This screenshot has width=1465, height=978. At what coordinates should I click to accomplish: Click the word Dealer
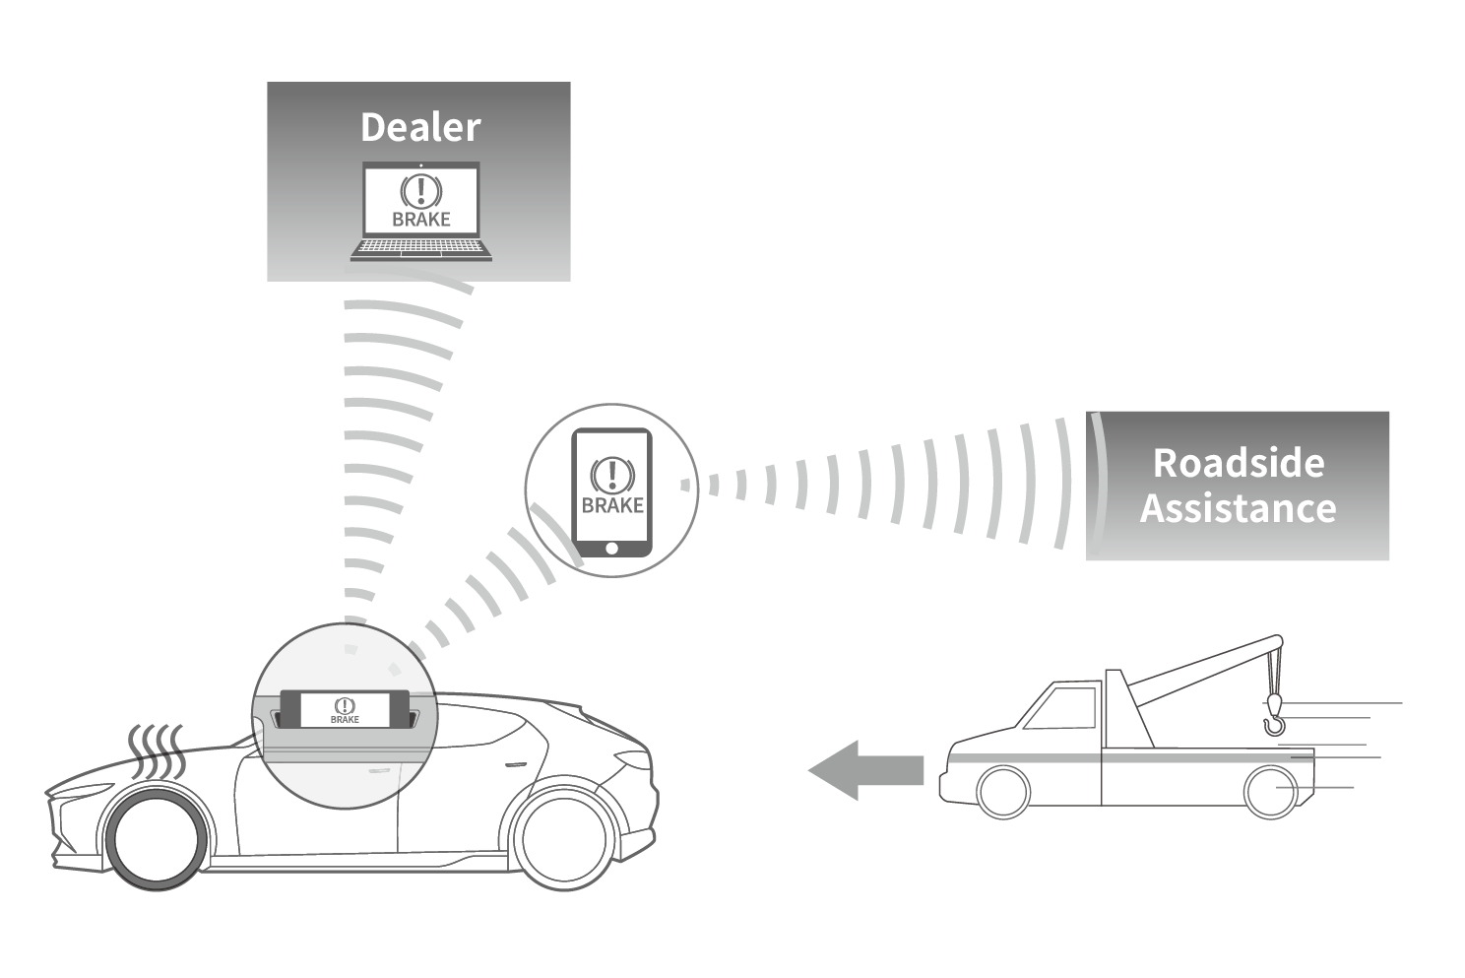pyautogui.click(x=420, y=127)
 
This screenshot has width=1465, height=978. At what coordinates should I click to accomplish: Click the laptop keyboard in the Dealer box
pyautogui.click(x=421, y=250)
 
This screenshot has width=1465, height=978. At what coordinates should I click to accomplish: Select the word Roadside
pyautogui.click(x=1238, y=462)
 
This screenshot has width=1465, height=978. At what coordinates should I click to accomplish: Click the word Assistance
pyautogui.click(x=1238, y=508)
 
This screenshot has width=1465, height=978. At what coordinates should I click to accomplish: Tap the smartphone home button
pyautogui.click(x=611, y=548)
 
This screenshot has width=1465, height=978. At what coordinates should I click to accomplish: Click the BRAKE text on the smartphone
pyautogui.click(x=611, y=505)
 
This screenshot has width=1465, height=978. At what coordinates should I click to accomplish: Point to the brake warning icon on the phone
pyautogui.click(x=611, y=475)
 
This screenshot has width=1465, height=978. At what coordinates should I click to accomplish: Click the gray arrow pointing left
pyautogui.click(x=865, y=769)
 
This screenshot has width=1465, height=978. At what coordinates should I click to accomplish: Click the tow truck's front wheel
pyautogui.click(x=1003, y=791)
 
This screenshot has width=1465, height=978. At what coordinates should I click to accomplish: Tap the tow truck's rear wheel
pyautogui.click(x=1270, y=791)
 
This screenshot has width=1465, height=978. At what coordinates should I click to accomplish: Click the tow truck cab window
pyautogui.click(x=1062, y=708)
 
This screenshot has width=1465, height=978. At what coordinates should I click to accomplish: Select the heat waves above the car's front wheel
pyautogui.click(x=157, y=751)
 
